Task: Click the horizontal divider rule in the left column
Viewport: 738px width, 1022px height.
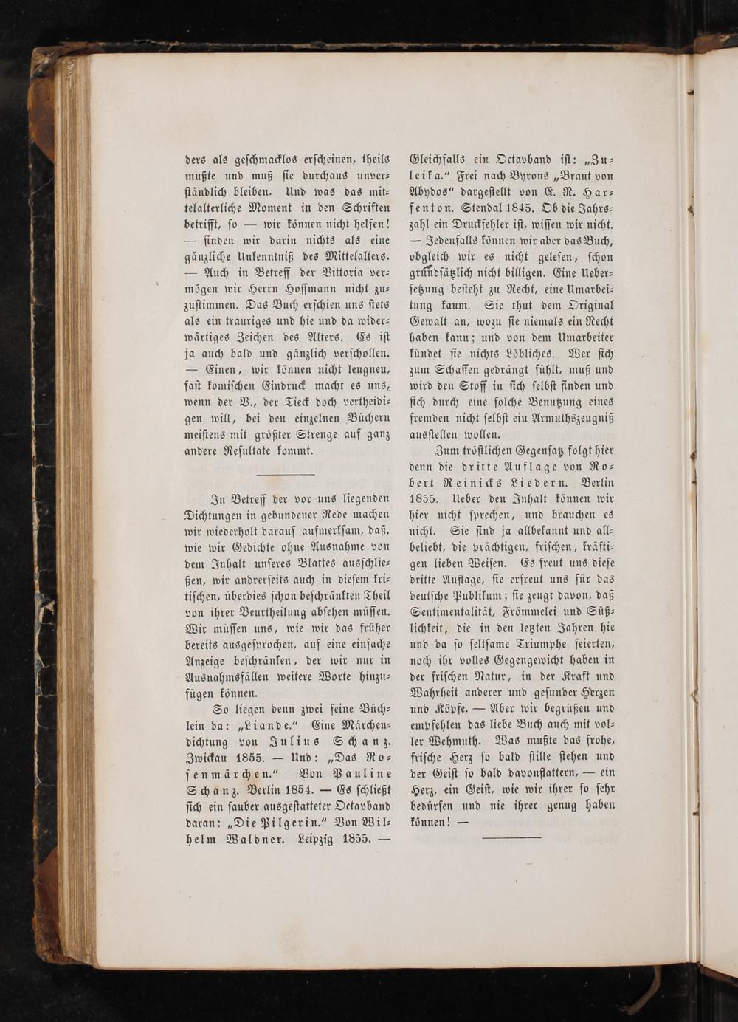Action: point(287,474)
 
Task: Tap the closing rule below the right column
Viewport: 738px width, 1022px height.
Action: point(511,837)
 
